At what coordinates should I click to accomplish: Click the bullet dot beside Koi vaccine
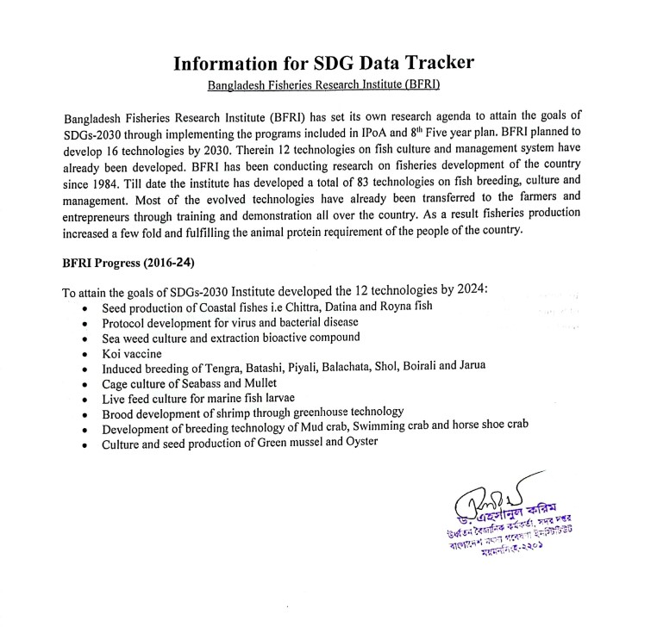(x=83, y=354)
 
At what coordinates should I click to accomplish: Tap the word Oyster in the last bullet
(x=361, y=443)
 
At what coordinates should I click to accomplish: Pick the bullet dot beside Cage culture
(x=83, y=385)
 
